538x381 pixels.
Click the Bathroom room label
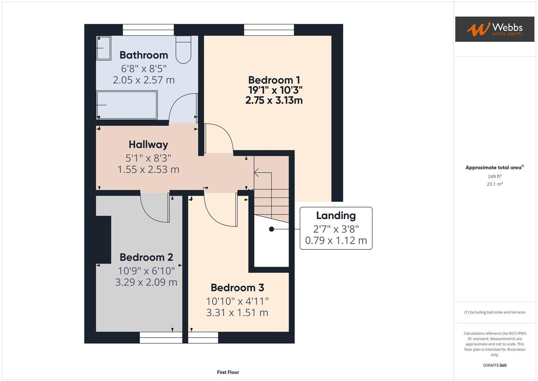pyautogui.click(x=144, y=55)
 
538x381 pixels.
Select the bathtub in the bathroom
pyautogui.click(x=127, y=105)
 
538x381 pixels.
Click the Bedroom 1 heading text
pyautogui.click(x=274, y=80)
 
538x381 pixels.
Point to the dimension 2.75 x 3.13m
pyautogui.click(x=274, y=101)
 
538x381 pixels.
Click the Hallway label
pyautogui.click(x=148, y=145)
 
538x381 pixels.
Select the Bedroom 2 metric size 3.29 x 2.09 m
pyautogui.click(x=146, y=282)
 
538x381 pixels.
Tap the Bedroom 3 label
pyautogui.click(x=237, y=288)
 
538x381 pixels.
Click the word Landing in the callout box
pyautogui.click(x=336, y=216)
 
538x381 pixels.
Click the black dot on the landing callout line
pyautogui.click(x=271, y=229)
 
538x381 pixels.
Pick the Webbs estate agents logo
pyautogui.click(x=495, y=29)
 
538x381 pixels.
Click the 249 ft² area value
pyautogui.click(x=495, y=176)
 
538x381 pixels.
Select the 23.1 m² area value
pyautogui.click(x=495, y=184)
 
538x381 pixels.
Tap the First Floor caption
pyautogui.click(x=228, y=372)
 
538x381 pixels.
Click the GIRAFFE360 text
pyautogui.click(x=495, y=365)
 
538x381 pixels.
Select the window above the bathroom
pyautogui.click(x=148, y=30)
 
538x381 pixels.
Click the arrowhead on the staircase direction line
pyautogui.click(x=256, y=173)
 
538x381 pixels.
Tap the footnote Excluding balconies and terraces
pyautogui.click(x=495, y=312)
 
